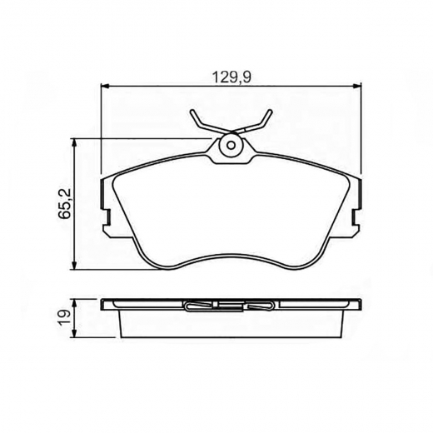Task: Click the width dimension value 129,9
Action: (231, 76)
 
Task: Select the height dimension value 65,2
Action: (64, 203)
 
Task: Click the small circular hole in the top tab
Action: (231, 147)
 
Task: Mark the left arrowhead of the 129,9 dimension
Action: (105, 86)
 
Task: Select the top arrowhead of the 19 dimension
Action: (77, 302)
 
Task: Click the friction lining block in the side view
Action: (231, 323)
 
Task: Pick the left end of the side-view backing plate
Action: (104, 305)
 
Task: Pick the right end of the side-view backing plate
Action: (359, 305)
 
